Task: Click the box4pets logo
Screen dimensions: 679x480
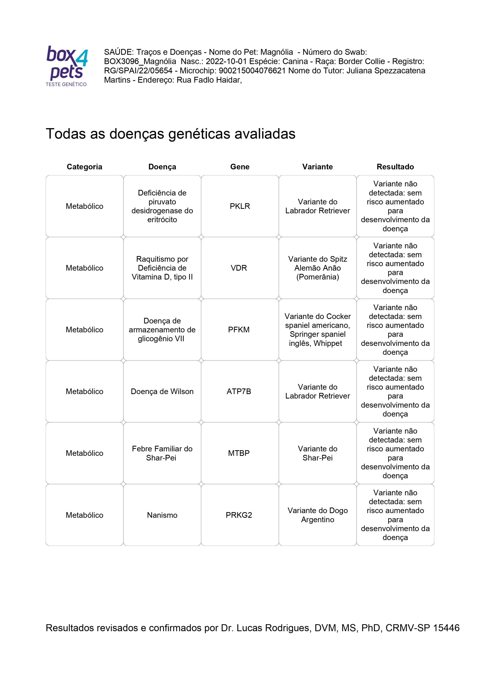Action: [x=67, y=66]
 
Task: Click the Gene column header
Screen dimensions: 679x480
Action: [x=240, y=167]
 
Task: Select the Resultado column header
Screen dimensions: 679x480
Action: [x=395, y=167]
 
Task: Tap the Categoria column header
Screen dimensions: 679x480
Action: [x=85, y=167]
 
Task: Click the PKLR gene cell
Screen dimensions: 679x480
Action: [x=240, y=206]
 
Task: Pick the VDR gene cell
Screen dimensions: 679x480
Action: [x=239, y=268]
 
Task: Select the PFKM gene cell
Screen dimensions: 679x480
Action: [x=239, y=329]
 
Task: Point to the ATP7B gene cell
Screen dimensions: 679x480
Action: [x=239, y=391]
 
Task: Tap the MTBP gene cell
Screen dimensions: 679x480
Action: [x=239, y=453]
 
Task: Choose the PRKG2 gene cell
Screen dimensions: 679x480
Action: [x=239, y=515]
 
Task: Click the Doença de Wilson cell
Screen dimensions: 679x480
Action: [x=162, y=391]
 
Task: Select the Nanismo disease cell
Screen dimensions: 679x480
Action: [x=162, y=515]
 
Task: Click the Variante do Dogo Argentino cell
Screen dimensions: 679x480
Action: [x=318, y=515]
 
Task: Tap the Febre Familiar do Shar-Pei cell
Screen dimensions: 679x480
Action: [x=162, y=453]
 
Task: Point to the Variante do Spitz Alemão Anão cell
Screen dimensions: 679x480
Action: [x=318, y=268]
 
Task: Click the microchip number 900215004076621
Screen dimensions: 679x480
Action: [x=252, y=71]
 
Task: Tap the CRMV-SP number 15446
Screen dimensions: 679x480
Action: [x=446, y=628]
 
